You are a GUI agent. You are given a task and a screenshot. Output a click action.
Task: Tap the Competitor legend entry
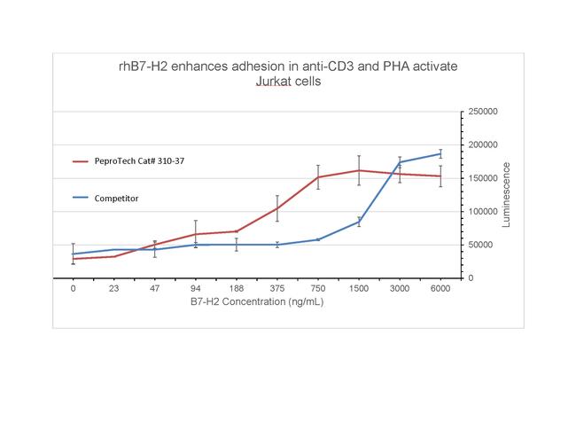[116, 199]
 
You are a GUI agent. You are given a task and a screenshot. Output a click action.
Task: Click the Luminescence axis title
[507, 194]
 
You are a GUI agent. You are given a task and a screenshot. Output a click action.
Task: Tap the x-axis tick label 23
[114, 289]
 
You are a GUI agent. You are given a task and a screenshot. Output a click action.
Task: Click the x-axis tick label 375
[277, 289]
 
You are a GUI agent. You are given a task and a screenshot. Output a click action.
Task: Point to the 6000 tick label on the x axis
[440, 289]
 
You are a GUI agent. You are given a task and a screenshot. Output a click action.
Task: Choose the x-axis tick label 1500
[359, 289]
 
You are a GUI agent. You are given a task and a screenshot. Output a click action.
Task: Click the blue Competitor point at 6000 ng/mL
[440, 154]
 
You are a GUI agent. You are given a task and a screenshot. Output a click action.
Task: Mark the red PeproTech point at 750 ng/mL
[318, 177]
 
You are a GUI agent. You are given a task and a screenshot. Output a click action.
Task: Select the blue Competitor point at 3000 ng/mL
[400, 162]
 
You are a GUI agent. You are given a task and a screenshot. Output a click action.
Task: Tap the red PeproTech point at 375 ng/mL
[277, 208]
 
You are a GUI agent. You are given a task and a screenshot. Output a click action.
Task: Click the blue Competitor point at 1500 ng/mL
[359, 222]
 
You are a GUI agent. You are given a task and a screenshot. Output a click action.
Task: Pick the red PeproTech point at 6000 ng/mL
[440, 176]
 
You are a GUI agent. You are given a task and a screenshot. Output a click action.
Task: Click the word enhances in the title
[195, 66]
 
